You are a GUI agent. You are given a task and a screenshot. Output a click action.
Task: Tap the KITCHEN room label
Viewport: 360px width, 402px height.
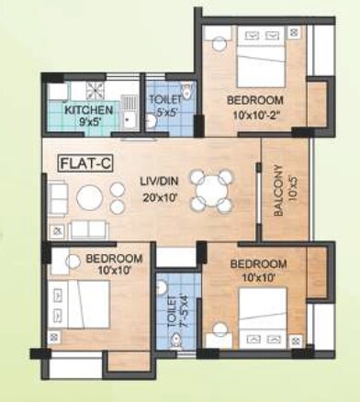pos(88,110)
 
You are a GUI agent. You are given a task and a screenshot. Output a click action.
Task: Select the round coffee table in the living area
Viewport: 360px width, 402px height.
pos(88,198)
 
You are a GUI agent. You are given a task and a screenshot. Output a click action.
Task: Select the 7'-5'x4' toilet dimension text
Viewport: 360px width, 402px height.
pos(180,312)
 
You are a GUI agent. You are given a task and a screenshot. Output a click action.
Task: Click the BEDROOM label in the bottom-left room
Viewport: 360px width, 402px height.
pos(114,258)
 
